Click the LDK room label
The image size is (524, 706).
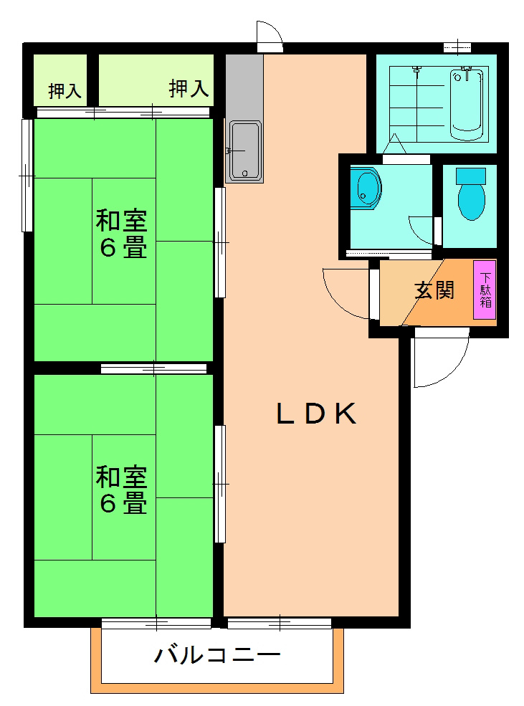(317, 414)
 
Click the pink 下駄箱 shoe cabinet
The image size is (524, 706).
(485, 290)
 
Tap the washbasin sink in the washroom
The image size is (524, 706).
(367, 188)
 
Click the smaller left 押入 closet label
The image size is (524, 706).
(64, 91)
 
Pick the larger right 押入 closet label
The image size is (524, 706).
(189, 89)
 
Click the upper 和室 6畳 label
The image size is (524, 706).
(122, 233)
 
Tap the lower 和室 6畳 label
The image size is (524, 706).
(122, 490)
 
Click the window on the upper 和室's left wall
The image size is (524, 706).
(27, 175)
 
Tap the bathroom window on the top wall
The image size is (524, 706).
(457, 47)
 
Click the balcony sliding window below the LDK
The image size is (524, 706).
(280, 623)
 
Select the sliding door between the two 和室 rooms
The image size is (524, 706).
(154, 368)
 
